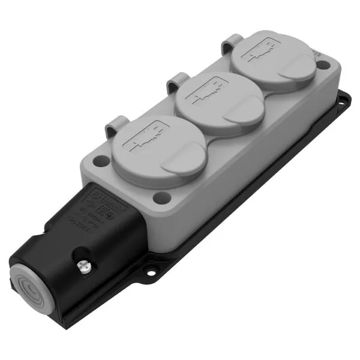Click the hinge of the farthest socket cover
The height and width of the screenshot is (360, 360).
click(230, 43)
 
